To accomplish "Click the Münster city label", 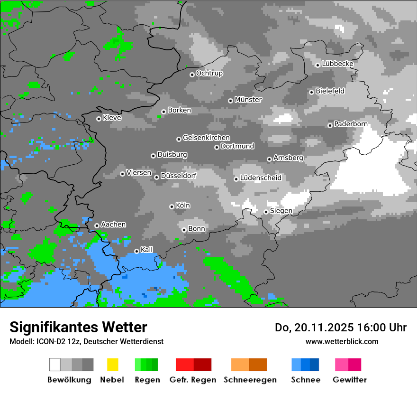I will coord(248,100).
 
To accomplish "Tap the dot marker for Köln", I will coord(172,206).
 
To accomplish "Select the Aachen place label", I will coord(113,225).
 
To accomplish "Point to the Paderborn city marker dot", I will coord(330,125).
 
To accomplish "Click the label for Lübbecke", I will coord(337,64).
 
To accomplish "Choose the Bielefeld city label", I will coord(330,91).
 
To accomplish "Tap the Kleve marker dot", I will coord(99,119).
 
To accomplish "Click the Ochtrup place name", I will coord(209,74).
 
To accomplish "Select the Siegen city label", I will coord(281,211).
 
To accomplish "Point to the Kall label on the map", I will coord(147,250).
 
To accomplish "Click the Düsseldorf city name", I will coord(178,176).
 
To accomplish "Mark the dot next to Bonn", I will coord(184,230).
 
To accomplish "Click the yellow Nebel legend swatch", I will coord(112,365).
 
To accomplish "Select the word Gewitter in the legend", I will coord(350,380).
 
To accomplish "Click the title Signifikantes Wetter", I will coord(78,327).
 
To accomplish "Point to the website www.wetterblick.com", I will coord(342,341).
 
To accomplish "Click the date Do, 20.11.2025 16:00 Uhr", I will coord(341,328).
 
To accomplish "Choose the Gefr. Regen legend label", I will coord(193,380).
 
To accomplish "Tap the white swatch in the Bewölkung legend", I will coord(55,365).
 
